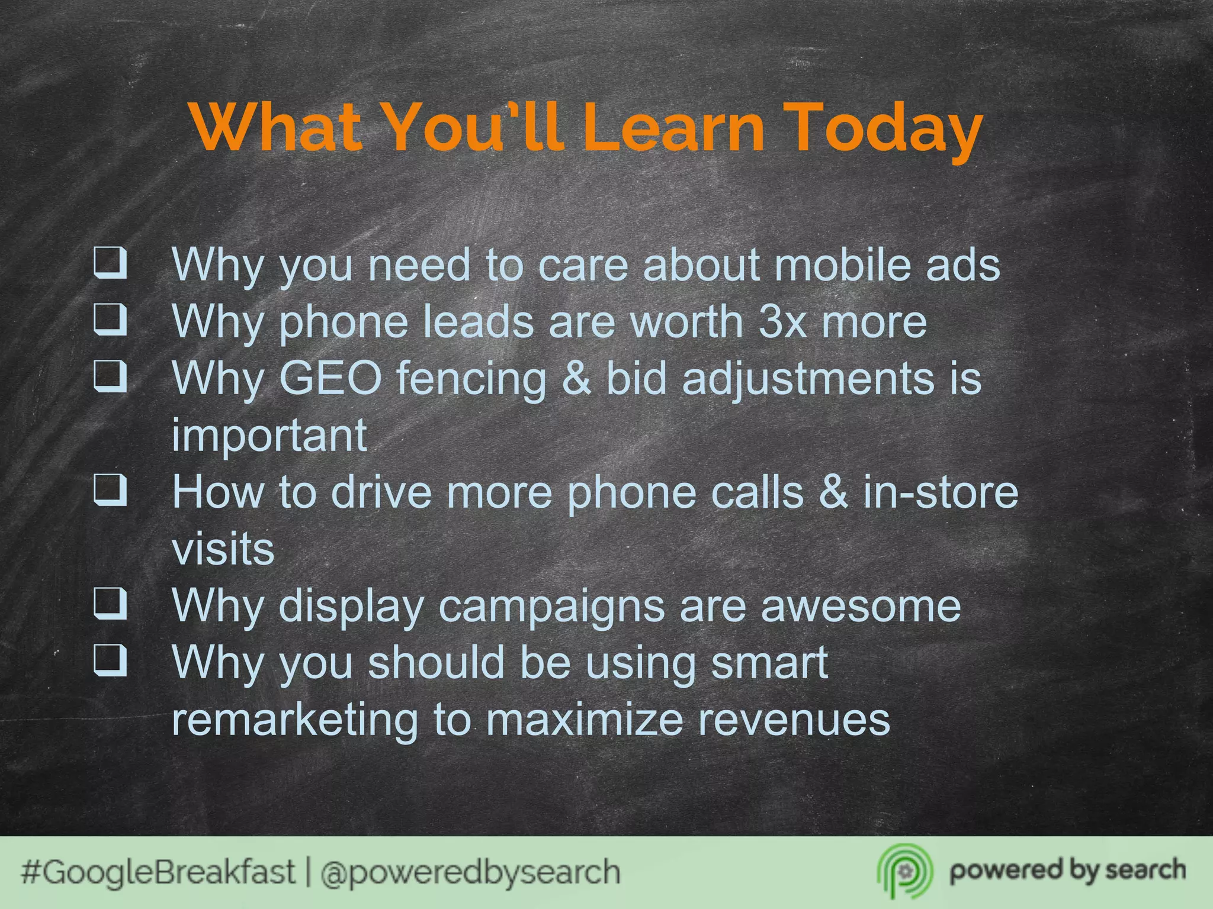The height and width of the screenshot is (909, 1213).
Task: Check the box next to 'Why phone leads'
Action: [x=110, y=320]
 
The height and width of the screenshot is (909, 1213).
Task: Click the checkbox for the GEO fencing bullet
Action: [x=110, y=376]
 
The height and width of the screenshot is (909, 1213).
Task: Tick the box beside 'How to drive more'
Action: [x=110, y=490]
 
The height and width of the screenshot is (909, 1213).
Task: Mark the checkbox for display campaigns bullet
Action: [x=110, y=604]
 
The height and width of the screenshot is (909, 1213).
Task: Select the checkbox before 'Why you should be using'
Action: [x=110, y=660]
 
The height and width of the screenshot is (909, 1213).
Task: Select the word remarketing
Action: [x=294, y=720]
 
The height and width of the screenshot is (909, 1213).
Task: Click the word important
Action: [x=269, y=436]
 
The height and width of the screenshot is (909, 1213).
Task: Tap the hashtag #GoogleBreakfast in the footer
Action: [x=158, y=872]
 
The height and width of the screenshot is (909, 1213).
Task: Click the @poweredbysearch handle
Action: [x=470, y=872]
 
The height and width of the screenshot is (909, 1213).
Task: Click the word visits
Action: [x=223, y=549]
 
